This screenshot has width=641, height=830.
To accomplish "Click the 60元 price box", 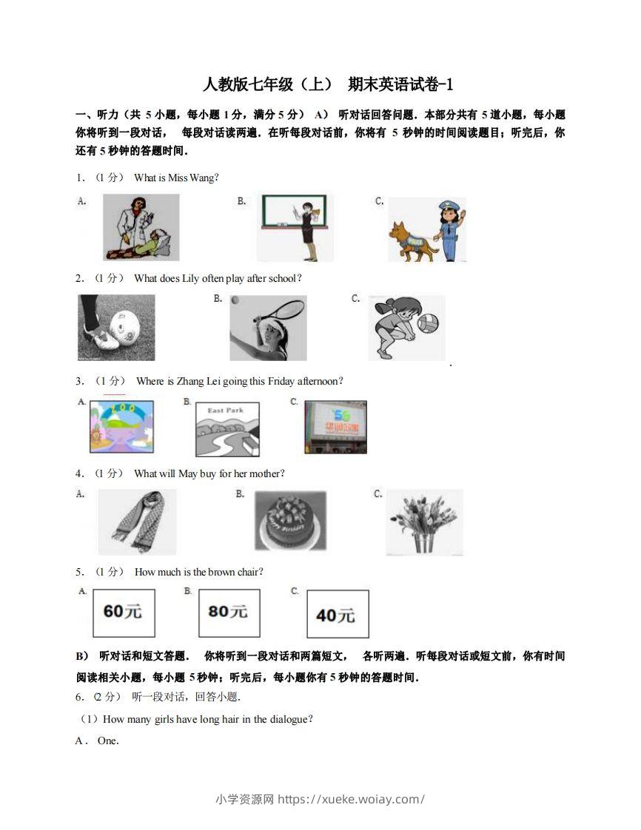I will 124,613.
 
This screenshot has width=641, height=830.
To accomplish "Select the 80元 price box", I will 229,613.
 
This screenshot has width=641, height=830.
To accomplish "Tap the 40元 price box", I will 337,614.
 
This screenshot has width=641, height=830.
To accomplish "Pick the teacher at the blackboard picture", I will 295,227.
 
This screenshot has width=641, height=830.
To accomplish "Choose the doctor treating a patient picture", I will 141,227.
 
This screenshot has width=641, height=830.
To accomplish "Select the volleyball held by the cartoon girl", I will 429,323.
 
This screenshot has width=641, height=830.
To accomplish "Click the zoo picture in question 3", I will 121,427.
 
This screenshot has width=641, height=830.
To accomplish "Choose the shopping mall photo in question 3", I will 335,427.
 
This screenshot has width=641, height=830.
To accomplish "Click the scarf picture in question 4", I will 137,522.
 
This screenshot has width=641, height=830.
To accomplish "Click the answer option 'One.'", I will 108,740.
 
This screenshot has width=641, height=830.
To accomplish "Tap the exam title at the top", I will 326,84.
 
